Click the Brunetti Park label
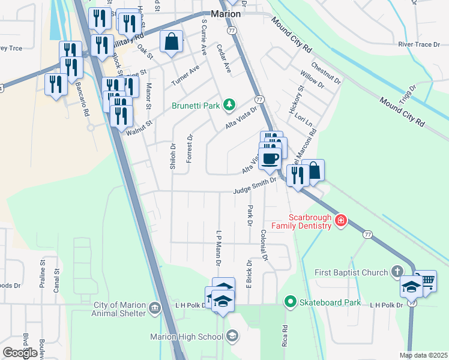coord(196,106)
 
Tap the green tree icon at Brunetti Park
coord(228,106)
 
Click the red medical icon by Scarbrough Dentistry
coord(341,220)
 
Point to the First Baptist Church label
coord(351,273)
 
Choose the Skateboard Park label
coord(331,302)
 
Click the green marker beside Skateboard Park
coord(291,302)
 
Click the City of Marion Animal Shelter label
coord(119,308)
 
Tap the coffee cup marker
coord(271,158)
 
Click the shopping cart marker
coord(426,280)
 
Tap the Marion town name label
coord(226,13)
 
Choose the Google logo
coord(20,353)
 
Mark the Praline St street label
coord(43,275)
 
